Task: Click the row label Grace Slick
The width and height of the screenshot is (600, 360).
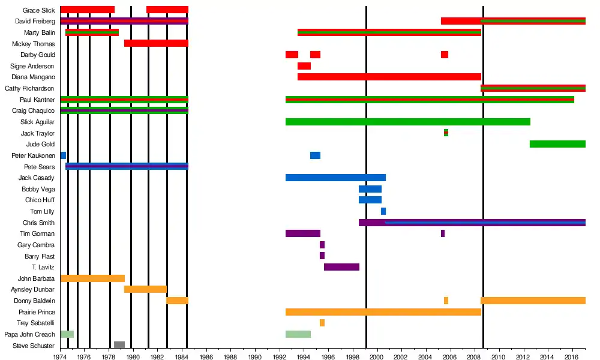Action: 38,10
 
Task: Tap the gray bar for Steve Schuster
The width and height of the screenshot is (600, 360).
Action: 119,345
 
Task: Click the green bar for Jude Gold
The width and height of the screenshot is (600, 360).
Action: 557,144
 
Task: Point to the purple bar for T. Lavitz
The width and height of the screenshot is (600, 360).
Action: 341,267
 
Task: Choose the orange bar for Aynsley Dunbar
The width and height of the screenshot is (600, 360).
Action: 145,289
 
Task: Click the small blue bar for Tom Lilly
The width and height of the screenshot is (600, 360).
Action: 383,211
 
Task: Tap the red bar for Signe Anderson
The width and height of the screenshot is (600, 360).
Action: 304,66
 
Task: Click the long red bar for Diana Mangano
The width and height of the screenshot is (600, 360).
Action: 389,77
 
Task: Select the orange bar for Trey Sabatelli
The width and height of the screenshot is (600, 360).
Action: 322,323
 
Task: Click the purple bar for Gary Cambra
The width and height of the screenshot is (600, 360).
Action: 322,245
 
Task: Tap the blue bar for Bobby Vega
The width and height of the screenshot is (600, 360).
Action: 370,189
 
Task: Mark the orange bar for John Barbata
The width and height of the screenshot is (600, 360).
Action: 92,278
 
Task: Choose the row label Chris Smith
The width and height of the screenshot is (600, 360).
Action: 38,223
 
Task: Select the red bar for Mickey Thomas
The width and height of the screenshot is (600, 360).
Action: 156,43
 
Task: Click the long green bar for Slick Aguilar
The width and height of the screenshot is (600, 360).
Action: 408,122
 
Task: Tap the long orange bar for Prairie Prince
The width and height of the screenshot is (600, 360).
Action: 383,312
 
